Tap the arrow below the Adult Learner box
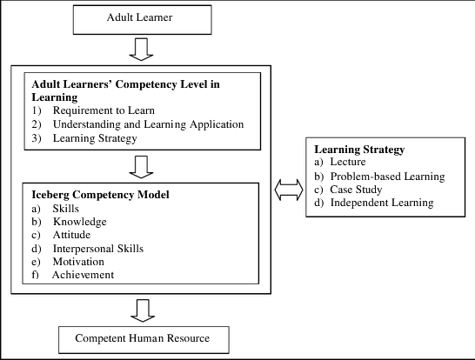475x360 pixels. [x=140, y=50]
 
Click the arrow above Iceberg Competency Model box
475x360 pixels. [x=139, y=166]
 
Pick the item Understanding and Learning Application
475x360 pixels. [x=148, y=124]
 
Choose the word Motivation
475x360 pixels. [x=77, y=262]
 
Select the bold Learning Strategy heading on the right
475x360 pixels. [x=358, y=150]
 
